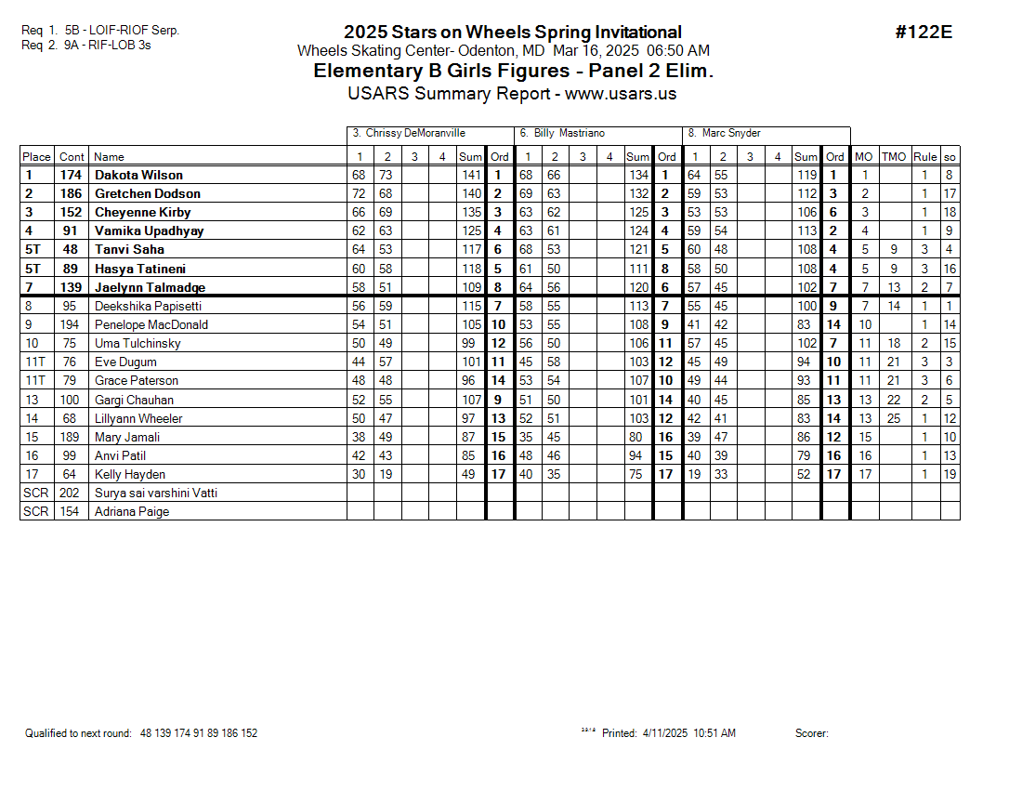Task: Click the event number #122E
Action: (x=924, y=33)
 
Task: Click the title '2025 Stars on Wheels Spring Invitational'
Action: (x=512, y=33)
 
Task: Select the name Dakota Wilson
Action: (x=138, y=175)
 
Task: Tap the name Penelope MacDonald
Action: (x=151, y=324)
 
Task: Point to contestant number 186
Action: (x=72, y=193)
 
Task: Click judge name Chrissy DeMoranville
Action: (x=409, y=133)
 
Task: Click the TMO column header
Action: (x=893, y=157)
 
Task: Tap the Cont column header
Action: (x=72, y=157)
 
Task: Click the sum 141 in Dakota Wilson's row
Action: (x=471, y=175)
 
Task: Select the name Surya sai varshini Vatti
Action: (x=156, y=493)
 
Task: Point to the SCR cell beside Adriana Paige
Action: (x=36, y=511)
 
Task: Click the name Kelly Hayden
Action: (x=130, y=474)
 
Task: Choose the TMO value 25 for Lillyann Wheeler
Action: (x=893, y=418)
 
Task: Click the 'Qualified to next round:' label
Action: (x=79, y=733)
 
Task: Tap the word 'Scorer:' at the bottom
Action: (x=811, y=733)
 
